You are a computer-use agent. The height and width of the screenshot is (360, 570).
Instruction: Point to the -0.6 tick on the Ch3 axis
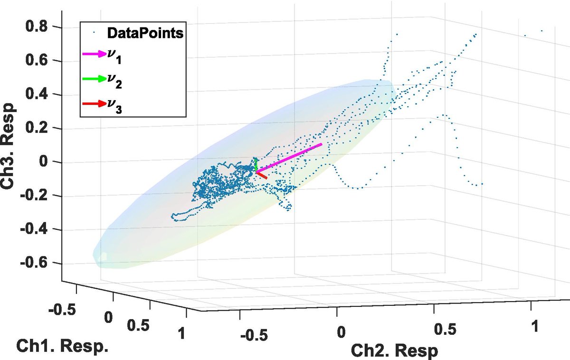[39, 264]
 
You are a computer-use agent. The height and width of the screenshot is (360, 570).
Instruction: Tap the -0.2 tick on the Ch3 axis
[39, 196]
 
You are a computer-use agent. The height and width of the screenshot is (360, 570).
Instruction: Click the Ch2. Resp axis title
[394, 350]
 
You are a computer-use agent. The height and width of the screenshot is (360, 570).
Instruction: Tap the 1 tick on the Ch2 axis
[535, 326]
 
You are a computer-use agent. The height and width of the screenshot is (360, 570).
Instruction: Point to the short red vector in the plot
[262, 175]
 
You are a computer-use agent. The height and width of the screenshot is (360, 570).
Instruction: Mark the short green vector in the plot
[256, 166]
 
